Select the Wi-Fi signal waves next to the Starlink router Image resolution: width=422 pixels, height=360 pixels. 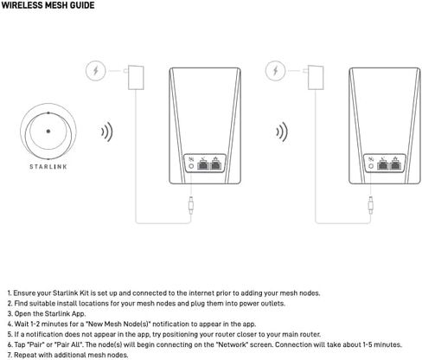pyautogui.click(x=107, y=132)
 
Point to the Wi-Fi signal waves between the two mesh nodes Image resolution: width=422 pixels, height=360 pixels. pyautogui.click(x=288, y=132)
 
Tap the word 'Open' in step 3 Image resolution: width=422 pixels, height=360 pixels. pyautogui.click(x=22, y=314)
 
